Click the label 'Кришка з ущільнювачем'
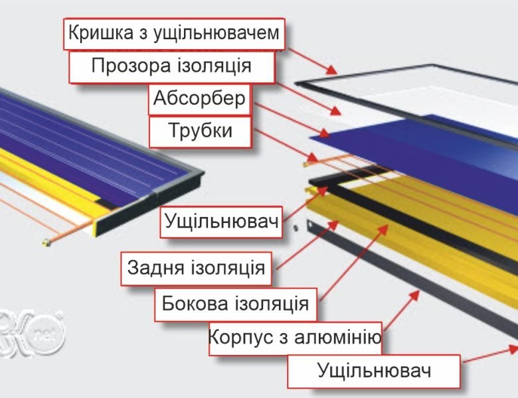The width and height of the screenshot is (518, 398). [174, 33]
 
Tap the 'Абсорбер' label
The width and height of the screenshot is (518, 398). [199, 99]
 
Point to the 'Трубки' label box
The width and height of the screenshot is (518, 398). [200, 131]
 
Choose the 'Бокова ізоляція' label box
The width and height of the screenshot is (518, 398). [235, 304]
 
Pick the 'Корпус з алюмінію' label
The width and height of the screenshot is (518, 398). [294, 338]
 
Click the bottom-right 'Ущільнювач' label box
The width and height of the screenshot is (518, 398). [374, 370]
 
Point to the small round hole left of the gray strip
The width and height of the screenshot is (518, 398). [295, 226]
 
